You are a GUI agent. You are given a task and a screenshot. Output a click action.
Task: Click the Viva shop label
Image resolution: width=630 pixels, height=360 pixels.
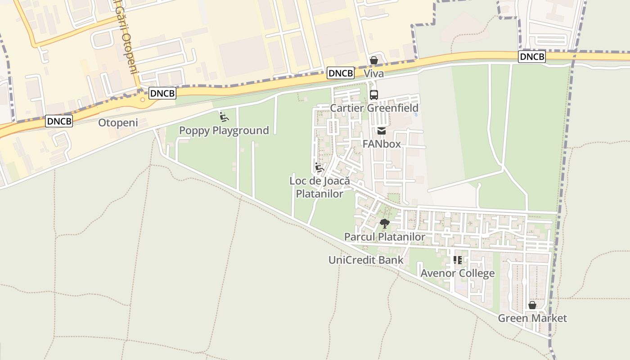coord(373,74)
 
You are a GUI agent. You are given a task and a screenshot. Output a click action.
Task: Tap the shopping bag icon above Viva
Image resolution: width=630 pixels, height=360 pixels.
coord(373,60)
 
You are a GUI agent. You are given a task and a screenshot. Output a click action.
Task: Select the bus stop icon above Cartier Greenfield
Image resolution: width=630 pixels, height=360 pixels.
coord(373,94)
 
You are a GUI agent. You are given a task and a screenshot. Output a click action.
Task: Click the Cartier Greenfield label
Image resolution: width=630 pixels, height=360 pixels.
coord(374,108)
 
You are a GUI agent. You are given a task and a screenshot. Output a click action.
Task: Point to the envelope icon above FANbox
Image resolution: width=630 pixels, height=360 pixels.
coord(382,131)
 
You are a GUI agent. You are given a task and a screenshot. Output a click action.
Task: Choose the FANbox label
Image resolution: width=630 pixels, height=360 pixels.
coord(382,144)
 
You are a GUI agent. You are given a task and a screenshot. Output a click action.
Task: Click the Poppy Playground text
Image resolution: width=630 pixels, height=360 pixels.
coord(224,130)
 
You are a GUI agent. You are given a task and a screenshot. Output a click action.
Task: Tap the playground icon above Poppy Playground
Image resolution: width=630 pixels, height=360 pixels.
coord(224,117)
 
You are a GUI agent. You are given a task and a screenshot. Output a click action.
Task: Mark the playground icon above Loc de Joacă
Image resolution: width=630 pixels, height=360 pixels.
coord(319,168)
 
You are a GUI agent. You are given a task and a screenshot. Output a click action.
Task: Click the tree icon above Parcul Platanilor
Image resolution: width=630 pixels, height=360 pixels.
coord(384,223)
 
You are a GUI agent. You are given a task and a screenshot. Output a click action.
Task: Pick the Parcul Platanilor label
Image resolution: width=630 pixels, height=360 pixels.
coord(384,237)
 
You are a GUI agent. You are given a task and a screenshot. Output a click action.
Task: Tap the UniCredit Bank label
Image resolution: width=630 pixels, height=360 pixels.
coord(366,260)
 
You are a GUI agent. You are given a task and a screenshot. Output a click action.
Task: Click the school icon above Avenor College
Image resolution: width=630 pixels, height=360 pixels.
coord(457,260)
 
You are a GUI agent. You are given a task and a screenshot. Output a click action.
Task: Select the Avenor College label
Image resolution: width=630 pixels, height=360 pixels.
coord(457,274)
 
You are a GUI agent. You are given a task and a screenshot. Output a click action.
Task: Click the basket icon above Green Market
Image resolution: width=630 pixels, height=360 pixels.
coord(532,305)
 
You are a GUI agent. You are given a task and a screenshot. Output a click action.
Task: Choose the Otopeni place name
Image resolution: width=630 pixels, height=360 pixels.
coord(118,123)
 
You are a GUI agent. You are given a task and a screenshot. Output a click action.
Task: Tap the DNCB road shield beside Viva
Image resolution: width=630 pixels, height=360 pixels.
coord(341,73)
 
